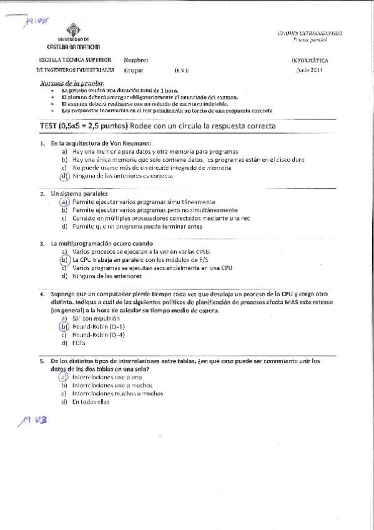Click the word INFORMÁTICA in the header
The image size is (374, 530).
(x=310, y=60)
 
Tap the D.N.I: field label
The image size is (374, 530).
(x=182, y=71)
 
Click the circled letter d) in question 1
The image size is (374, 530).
(x=64, y=176)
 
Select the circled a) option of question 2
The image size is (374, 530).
(x=64, y=202)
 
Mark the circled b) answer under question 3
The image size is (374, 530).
(x=64, y=259)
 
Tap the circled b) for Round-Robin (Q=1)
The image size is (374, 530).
(x=64, y=326)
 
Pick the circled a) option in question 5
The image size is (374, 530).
(x=64, y=377)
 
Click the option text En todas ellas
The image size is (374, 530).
(x=91, y=402)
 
